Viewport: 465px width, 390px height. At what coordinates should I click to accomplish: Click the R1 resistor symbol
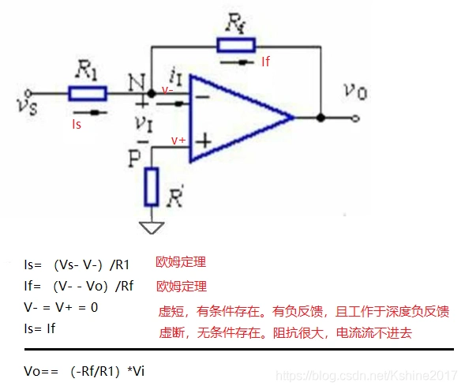[x=87, y=94]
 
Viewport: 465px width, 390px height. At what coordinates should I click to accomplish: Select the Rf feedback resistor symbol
[x=237, y=45]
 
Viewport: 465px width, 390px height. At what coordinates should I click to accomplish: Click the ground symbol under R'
[x=152, y=227]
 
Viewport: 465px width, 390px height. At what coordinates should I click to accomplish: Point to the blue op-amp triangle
[x=237, y=118]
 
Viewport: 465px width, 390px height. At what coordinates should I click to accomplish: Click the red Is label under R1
[x=77, y=124]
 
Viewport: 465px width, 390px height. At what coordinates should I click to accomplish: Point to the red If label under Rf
[x=265, y=60]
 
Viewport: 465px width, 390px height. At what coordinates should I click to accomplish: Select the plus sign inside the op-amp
[x=204, y=141]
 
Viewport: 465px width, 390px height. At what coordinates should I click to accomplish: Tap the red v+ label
[x=179, y=140]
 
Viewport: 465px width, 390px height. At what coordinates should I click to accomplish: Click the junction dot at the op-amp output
[x=321, y=118]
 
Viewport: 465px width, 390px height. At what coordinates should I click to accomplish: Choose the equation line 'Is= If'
[x=49, y=326]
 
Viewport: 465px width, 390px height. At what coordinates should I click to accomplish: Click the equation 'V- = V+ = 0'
[x=61, y=306]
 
